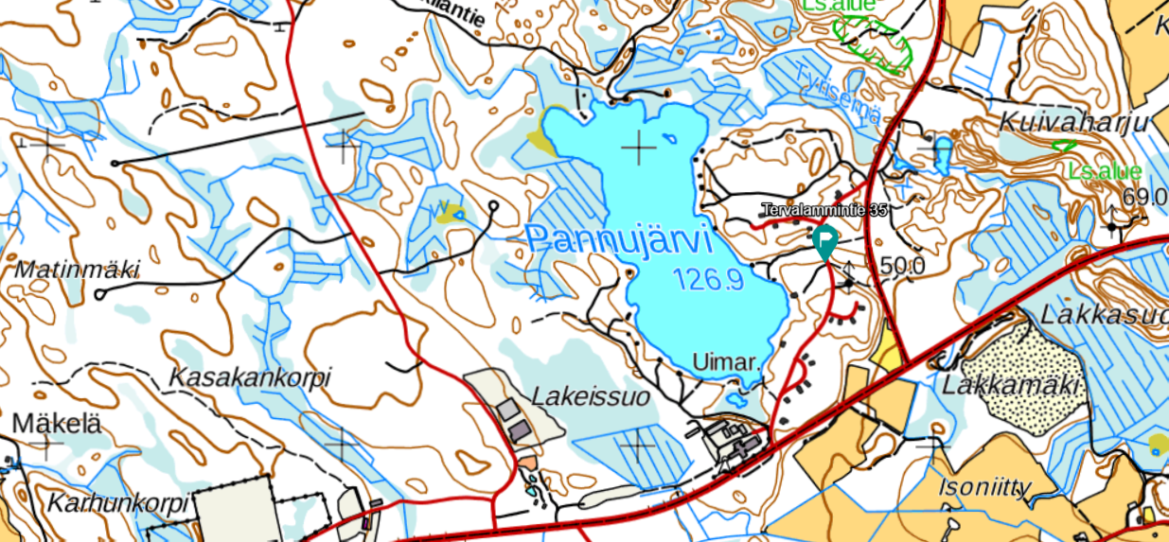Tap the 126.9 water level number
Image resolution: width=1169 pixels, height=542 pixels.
(x=708, y=279)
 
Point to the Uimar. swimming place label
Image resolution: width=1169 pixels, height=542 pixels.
(x=727, y=362)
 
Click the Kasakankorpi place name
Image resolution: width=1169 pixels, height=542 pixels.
(x=250, y=377)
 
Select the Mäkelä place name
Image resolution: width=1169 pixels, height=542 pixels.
(x=56, y=422)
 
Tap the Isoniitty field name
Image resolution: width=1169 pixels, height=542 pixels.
(x=984, y=488)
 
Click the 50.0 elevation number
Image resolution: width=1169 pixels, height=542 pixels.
(x=902, y=266)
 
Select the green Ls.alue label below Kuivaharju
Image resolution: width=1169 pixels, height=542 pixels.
(x=1104, y=171)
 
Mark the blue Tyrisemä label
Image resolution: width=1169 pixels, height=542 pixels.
(x=839, y=95)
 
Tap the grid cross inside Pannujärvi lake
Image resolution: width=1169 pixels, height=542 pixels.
(x=640, y=149)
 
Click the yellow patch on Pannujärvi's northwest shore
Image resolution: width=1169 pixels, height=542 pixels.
(x=541, y=143)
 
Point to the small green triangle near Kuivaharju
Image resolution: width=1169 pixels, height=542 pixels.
(x=1064, y=146)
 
